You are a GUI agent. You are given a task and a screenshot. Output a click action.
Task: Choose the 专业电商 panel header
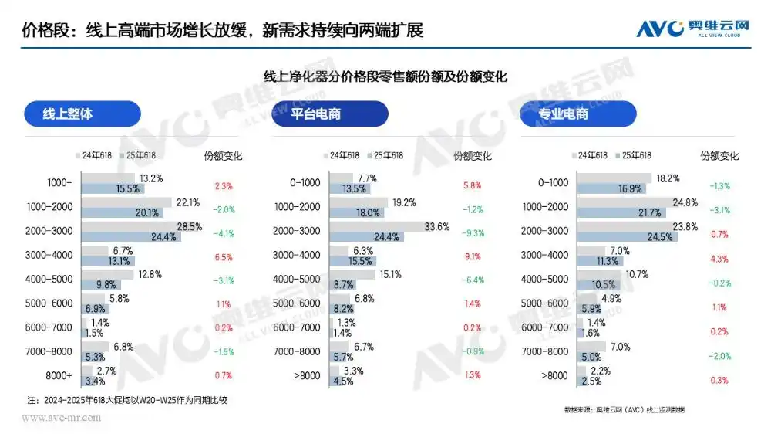577,114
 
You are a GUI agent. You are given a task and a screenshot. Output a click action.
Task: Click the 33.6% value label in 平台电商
436,226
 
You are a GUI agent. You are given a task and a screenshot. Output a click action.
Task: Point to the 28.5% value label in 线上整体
190,226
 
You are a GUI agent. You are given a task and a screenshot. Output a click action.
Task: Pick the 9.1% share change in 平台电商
472,256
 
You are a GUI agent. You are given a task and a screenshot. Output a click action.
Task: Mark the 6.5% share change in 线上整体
223,256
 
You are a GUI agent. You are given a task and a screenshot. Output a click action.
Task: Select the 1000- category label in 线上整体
59,183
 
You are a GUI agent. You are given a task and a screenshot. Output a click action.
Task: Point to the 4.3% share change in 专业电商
719,256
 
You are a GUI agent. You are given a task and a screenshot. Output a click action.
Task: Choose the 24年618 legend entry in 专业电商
593,155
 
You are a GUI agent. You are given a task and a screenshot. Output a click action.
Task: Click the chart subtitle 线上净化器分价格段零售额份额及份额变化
385,77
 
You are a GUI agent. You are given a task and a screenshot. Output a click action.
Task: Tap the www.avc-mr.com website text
61,418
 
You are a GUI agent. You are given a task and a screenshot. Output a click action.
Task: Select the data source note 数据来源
625,409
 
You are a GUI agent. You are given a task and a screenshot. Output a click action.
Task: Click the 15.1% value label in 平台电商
391,274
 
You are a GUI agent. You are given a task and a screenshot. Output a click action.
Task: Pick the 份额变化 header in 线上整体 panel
223,155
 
